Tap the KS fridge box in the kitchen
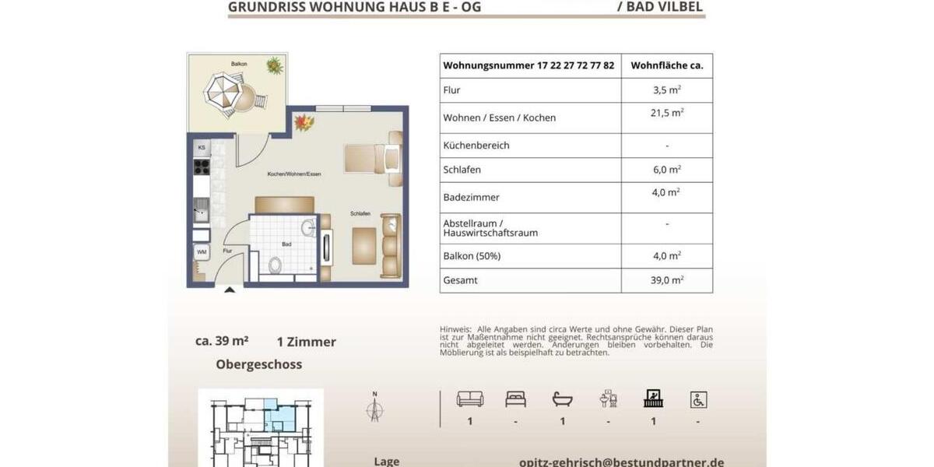pyautogui.click(x=201, y=147)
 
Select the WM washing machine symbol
pyautogui.click(x=202, y=252)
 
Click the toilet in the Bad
pyautogui.click(x=275, y=265)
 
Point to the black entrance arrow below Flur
pyautogui.click(x=230, y=291)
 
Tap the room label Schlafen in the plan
pyautogui.click(x=360, y=213)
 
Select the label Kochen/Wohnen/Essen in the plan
pyautogui.click(x=293, y=174)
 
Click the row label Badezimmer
pyautogui.click(x=471, y=198)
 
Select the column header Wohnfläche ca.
pyautogui.click(x=667, y=66)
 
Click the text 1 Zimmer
pyautogui.click(x=306, y=342)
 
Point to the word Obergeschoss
pyautogui.click(x=258, y=364)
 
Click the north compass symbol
pyautogui.click(x=374, y=407)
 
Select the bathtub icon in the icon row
pyautogui.click(x=562, y=399)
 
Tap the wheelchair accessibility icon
pyautogui.click(x=698, y=400)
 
